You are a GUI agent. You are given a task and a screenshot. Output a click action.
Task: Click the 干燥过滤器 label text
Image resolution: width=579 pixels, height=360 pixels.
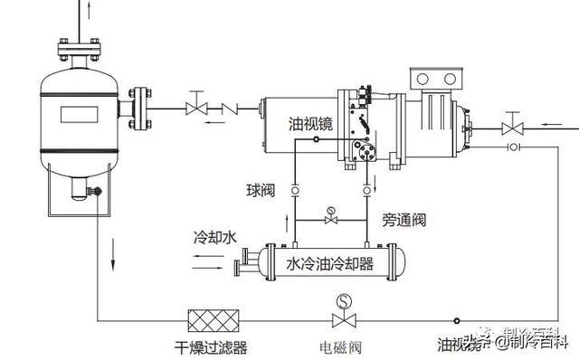click(x=211, y=346)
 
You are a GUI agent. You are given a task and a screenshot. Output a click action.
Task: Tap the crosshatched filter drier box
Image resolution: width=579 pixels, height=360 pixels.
click(x=212, y=321)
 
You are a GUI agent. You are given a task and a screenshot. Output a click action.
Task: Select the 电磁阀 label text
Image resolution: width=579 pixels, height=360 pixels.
click(x=343, y=346)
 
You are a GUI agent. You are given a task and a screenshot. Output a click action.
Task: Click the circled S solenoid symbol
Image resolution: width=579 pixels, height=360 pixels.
click(x=343, y=300)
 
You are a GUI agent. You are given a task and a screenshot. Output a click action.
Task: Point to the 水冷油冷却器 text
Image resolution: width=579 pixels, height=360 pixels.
click(x=329, y=265)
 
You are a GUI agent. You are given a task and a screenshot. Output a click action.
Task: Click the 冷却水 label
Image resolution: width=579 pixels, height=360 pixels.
click(x=214, y=238)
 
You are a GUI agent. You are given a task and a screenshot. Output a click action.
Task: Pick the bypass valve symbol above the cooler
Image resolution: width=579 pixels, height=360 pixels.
click(x=332, y=220)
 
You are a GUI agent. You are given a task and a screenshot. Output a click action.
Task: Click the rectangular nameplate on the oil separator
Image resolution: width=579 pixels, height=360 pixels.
click(x=82, y=115)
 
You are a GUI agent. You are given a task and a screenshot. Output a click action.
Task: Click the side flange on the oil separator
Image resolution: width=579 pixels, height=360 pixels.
click(x=138, y=107)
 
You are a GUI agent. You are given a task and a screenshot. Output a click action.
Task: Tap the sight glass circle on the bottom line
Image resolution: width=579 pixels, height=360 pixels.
click(x=457, y=321)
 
